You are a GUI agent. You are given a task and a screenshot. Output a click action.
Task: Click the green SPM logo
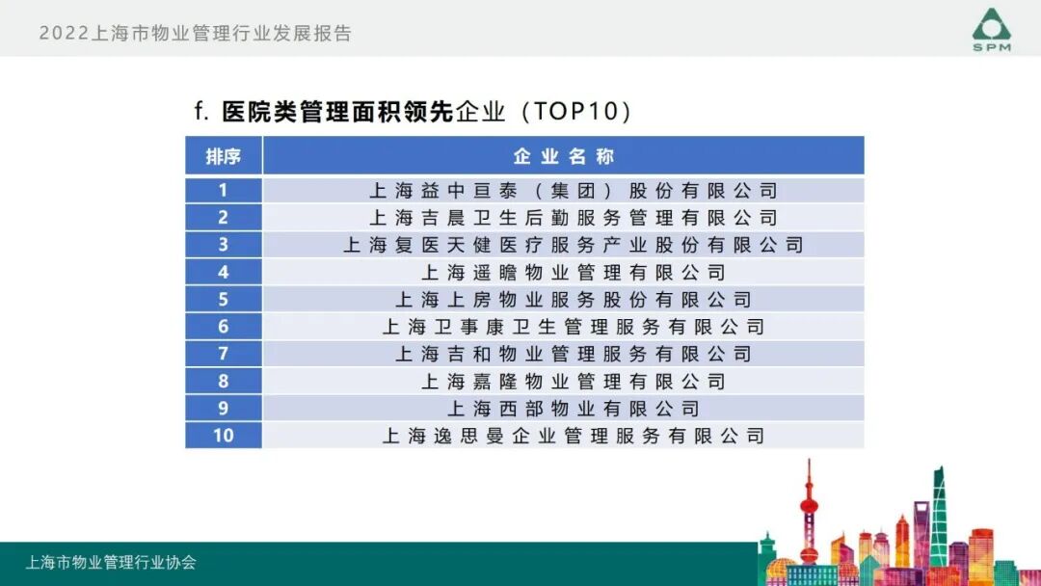[x=991, y=29]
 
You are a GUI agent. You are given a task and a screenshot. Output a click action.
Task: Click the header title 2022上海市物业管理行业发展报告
[x=196, y=34]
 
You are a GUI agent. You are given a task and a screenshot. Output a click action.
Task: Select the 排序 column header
[x=223, y=156]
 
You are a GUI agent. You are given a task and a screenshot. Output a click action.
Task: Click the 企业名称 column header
[x=563, y=156]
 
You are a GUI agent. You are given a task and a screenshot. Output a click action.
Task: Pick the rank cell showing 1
[x=223, y=191]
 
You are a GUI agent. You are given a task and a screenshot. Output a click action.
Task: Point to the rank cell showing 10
[x=223, y=436]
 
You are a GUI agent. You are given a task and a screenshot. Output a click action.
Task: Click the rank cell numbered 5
[x=223, y=300]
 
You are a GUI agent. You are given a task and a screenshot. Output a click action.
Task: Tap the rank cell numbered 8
[x=223, y=382]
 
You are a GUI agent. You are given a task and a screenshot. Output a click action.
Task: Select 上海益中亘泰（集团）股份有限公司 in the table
[x=573, y=191]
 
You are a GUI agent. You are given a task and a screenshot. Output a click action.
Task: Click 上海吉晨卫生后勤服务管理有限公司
[x=573, y=218]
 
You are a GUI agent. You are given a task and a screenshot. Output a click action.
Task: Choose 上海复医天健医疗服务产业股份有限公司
[x=573, y=245]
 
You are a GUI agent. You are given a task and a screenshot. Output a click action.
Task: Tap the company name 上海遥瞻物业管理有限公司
[x=573, y=273]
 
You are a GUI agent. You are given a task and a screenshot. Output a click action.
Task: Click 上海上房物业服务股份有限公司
[x=573, y=300]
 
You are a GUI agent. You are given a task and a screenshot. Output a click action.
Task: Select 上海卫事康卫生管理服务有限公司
[x=573, y=327]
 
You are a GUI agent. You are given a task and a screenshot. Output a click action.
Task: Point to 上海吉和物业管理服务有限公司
[x=573, y=354]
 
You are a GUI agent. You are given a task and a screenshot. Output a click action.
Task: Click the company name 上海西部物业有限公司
[x=573, y=409]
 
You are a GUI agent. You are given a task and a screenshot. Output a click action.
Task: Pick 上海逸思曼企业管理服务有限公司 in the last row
[x=573, y=436]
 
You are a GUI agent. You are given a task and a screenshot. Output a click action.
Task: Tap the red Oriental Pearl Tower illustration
[x=809, y=516]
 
